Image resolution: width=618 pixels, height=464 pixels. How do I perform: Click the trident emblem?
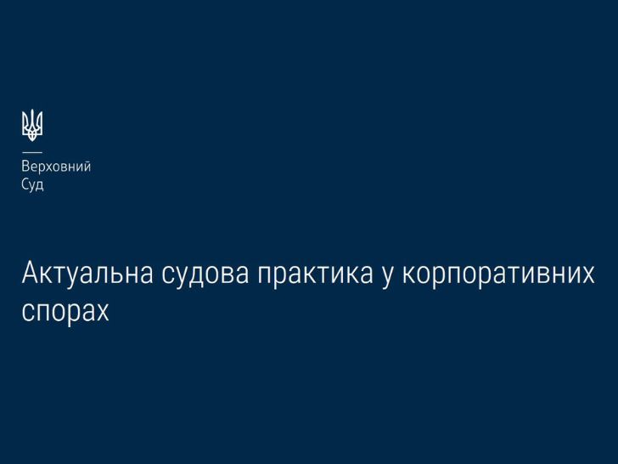click(32, 126)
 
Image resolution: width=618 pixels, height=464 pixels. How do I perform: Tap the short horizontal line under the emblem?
click(32, 152)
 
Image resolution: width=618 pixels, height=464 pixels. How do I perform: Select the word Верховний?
click(56, 167)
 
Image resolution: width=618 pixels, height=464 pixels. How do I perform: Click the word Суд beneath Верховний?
click(33, 184)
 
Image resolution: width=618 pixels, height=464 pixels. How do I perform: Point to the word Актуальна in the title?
click(87, 273)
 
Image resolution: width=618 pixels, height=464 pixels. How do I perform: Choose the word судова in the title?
click(205, 274)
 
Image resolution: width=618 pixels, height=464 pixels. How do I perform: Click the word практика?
click(315, 274)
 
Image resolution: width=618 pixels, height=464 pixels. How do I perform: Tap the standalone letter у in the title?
click(387, 277)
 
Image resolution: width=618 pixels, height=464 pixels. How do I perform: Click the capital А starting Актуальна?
click(30, 273)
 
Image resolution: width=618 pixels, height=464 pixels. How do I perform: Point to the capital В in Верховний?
click(25, 166)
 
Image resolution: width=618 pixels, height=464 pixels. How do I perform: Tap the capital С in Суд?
click(25, 184)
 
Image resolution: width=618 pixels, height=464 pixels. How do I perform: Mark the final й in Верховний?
click(87, 167)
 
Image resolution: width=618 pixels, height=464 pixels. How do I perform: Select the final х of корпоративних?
click(587, 274)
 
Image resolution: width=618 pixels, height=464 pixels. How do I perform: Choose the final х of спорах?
click(102, 312)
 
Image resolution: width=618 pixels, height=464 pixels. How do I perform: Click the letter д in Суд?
click(39, 186)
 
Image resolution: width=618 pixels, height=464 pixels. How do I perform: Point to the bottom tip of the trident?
click(32, 141)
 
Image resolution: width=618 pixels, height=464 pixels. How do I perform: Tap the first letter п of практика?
click(265, 277)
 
